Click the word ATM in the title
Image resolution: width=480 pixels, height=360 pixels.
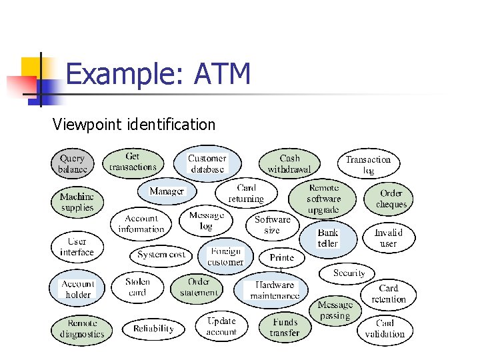[222, 74]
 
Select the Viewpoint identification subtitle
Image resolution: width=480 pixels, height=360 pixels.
[134, 125]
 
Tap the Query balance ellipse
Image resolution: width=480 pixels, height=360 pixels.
[73, 164]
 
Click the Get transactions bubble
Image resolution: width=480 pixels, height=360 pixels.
[133, 162]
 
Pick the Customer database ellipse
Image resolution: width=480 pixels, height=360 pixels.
[207, 164]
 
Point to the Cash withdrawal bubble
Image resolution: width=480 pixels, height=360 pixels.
[289, 164]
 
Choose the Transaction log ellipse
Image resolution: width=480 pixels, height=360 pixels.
[368, 165]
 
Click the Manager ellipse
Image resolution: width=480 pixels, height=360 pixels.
[167, 191]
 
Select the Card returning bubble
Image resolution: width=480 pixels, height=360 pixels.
[246, 193]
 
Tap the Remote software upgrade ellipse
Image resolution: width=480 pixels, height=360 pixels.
[323, 199]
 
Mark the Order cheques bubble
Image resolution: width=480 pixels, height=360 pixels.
[391, 199]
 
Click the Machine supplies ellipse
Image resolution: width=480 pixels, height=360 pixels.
[77, 202]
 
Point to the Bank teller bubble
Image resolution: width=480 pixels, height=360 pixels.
[327, 238]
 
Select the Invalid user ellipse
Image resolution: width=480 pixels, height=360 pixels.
[388, 238]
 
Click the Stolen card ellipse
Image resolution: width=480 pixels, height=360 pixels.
[137, 287]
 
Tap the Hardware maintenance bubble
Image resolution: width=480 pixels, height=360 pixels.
[275, 290]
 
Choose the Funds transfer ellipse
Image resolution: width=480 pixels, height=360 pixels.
[285, 327]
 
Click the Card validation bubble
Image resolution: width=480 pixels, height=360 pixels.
[385, 329]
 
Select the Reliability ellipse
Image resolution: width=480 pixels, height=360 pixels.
[153, 328]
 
